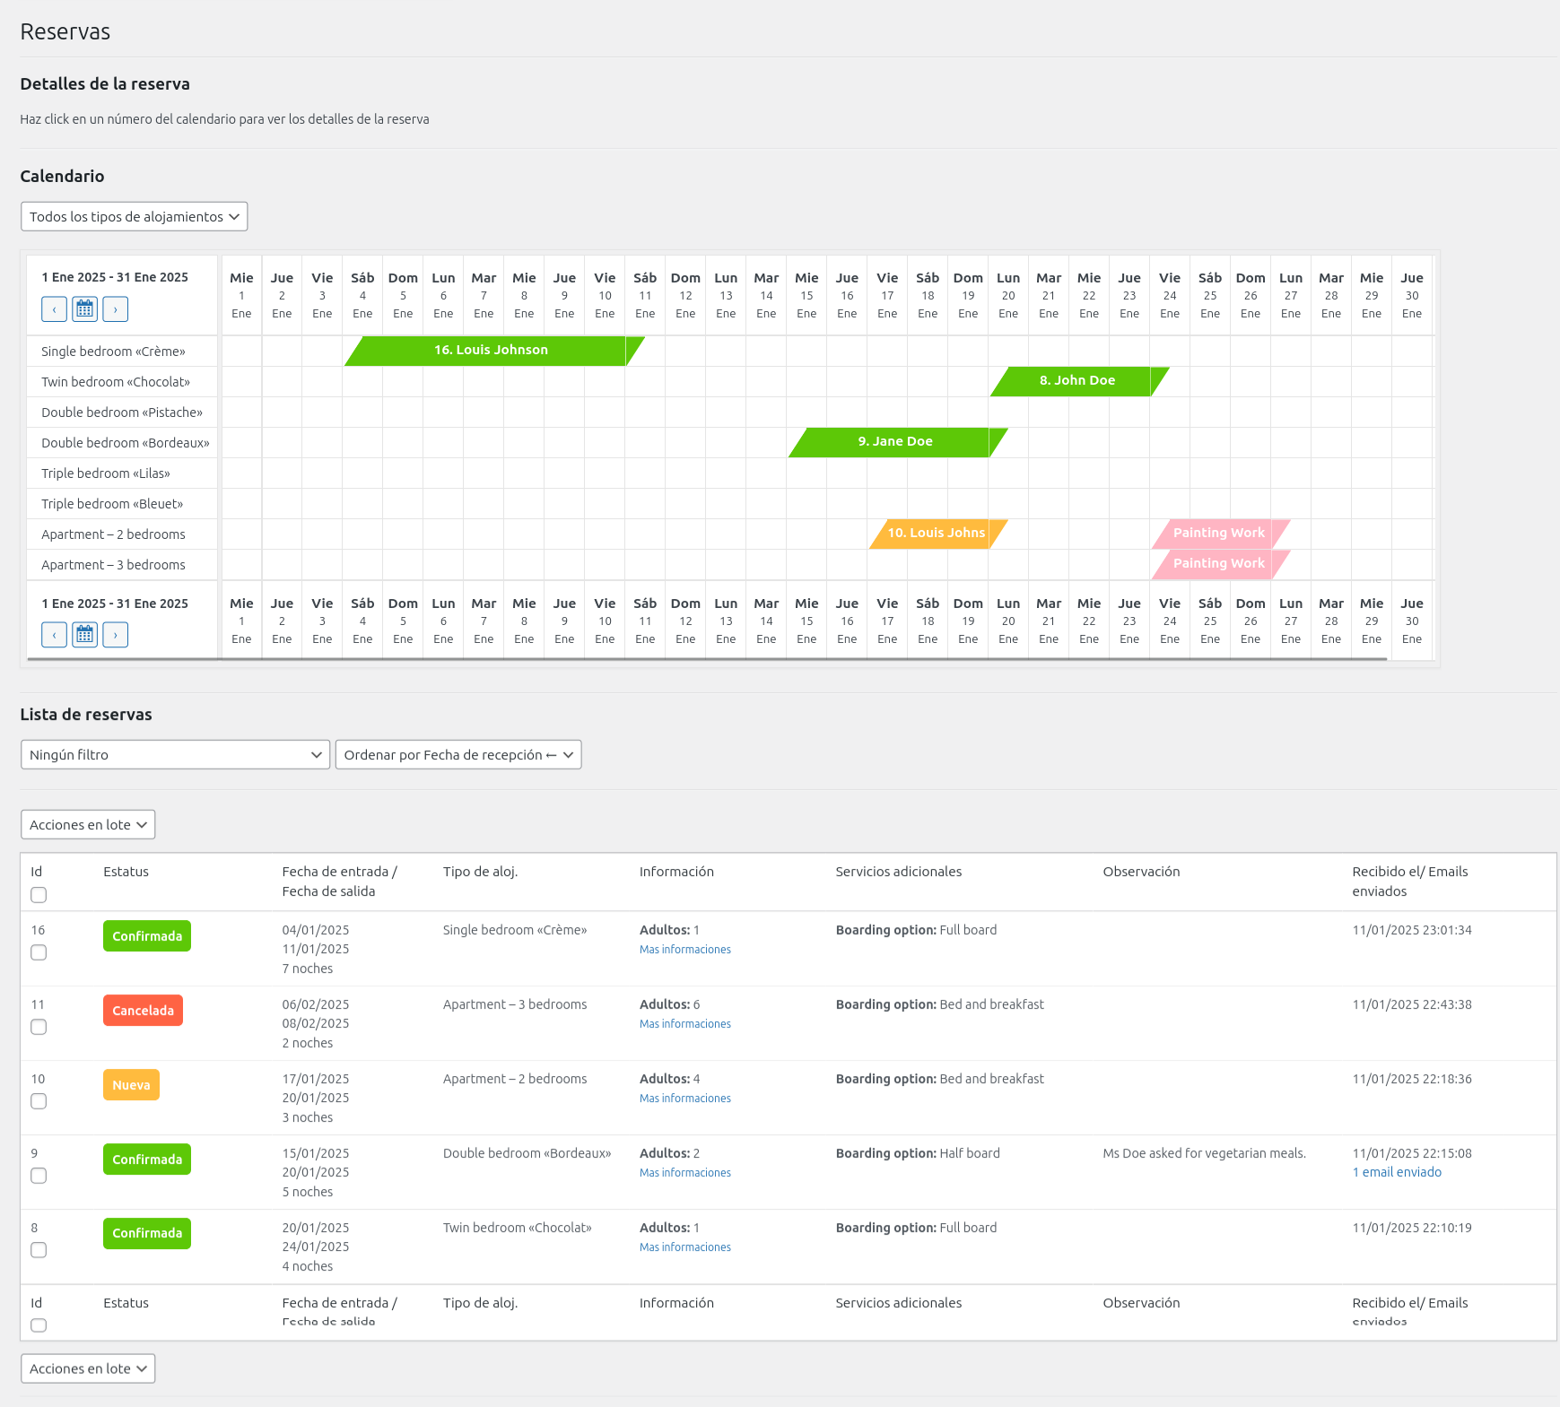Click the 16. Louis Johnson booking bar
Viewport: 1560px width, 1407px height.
491,351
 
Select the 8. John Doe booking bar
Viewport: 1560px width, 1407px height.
1077,381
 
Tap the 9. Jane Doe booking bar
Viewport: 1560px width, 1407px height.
895,442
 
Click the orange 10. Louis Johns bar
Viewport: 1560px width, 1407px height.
936,534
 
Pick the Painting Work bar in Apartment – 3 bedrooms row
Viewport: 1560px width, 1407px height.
1218,564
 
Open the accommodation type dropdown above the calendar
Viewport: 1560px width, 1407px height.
134,217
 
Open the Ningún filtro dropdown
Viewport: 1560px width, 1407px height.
175,755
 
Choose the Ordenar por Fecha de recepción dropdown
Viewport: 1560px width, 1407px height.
458,755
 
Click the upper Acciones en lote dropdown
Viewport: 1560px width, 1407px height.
88,825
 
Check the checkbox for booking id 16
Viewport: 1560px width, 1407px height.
39,952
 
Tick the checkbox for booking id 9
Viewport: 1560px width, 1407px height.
39,1176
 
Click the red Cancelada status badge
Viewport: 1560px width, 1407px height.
143,1011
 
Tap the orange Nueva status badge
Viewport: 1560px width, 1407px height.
131,1085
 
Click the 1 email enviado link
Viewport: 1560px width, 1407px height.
1397,1172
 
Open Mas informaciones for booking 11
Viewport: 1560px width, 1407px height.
684,1024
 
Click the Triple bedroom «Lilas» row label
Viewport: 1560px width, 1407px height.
106,473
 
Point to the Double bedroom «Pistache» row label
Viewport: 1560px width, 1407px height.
122,413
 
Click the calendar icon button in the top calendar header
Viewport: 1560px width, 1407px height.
84,309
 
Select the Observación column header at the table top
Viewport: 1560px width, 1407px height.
1141,872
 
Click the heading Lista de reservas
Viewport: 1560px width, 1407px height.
86,715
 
